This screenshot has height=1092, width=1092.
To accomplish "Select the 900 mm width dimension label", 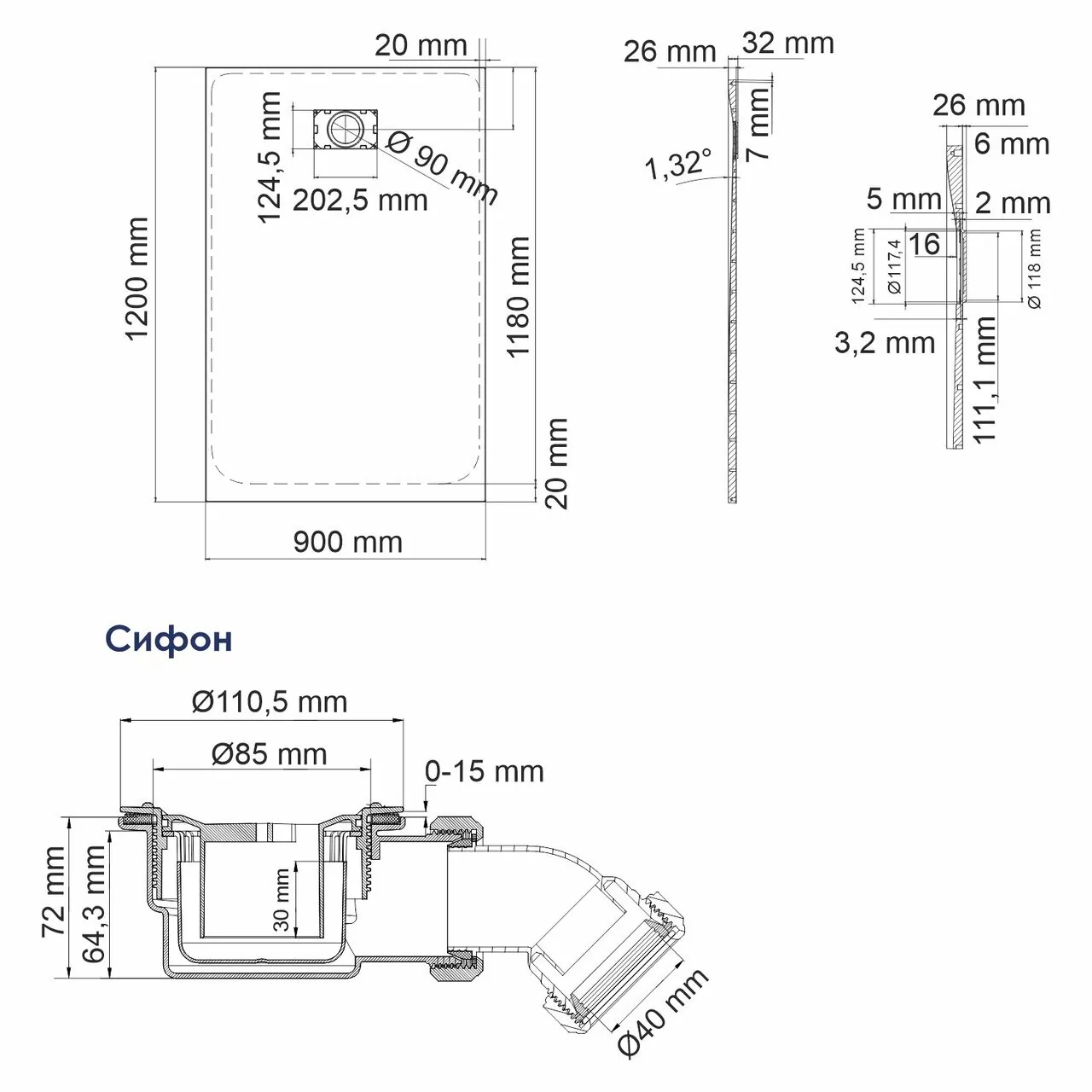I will [347, 542].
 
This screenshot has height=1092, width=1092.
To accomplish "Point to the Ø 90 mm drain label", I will [442, 171].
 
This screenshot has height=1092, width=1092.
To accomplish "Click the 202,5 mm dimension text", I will [360, 200].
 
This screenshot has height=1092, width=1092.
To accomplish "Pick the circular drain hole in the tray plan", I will [346, 130].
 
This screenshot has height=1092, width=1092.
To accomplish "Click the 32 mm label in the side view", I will [787, 44].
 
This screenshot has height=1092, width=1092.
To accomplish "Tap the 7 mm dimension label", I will [757, 124].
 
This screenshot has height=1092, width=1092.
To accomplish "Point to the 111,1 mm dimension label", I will [986, 380].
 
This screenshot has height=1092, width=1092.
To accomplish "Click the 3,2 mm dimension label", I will [884, 343].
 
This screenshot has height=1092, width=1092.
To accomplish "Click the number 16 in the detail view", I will [924, 245].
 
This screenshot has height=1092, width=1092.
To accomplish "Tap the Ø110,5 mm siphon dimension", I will [270, 701].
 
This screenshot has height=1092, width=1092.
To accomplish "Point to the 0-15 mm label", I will [485, 771].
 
